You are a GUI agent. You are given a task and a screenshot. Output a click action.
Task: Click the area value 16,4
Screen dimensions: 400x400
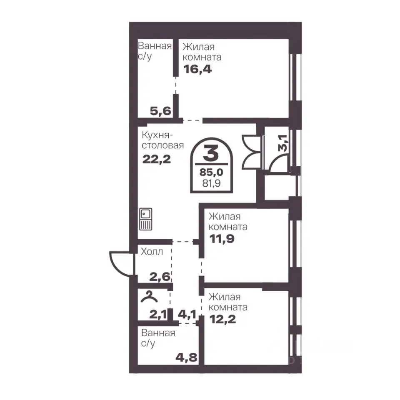coord(197,69)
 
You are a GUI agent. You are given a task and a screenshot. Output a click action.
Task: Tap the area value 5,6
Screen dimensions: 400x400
coord(160,111)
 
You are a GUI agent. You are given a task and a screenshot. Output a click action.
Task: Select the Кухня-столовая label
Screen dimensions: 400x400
coord(163,140)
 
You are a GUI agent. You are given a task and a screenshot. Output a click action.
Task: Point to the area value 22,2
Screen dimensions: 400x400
coord(156,160)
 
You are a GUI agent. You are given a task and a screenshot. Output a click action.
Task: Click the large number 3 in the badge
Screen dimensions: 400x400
coord(211,153)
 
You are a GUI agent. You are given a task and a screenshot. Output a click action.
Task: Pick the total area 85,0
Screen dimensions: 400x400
coord(211,172)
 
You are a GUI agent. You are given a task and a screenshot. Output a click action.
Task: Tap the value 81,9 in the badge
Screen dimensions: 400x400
coord(211,183)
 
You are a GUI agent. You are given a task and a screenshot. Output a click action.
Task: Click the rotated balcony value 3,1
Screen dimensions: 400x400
coord(283,143)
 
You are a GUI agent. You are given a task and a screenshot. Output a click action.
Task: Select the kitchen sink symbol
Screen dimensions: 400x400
coord(146,219)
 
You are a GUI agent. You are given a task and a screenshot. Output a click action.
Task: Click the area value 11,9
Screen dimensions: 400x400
coord(222,239)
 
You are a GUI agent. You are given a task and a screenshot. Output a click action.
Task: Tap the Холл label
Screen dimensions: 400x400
coord(152,252)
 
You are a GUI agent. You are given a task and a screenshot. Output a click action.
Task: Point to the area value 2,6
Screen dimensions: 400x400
coord(160,277)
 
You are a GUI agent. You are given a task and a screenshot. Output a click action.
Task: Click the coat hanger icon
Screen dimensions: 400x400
coord(149,297)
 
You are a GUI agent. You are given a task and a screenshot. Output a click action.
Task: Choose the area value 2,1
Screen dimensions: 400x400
coord(158,314)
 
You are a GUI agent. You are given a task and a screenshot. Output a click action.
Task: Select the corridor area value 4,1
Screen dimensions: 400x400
coord(187,314)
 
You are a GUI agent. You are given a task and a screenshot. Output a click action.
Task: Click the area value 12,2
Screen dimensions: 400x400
coord(222,319)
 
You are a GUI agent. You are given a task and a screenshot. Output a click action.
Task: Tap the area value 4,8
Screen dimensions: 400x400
coord(187,357)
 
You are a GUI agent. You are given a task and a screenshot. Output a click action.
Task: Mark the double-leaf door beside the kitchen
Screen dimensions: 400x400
coord(252,152)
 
